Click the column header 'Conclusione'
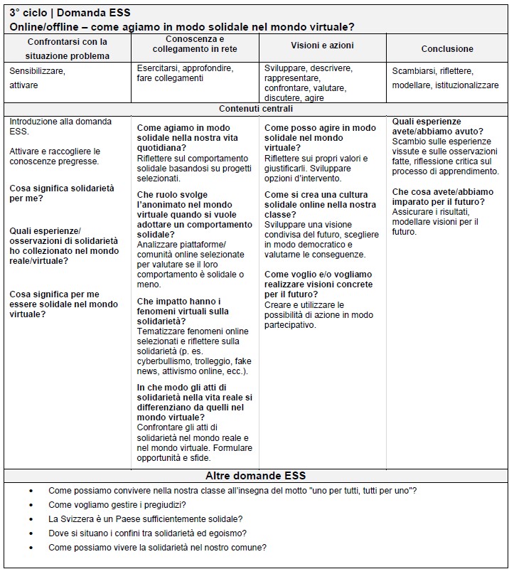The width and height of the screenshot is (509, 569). [446, 49]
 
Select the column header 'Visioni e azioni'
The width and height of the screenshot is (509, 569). [322, 46]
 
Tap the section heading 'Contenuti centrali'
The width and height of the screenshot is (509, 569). [255, 109]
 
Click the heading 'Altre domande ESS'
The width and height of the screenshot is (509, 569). [255, 476]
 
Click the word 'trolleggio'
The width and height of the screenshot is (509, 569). [211, 361]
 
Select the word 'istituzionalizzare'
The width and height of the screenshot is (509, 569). [466, 85]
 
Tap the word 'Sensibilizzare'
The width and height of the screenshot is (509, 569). [37, 71]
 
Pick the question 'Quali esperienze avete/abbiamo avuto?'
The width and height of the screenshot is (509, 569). [437, 126]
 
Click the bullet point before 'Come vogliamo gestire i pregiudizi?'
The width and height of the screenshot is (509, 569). [31, 505]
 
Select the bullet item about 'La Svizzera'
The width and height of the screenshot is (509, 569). [145, 519]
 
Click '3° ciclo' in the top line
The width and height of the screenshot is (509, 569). [28, 13]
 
